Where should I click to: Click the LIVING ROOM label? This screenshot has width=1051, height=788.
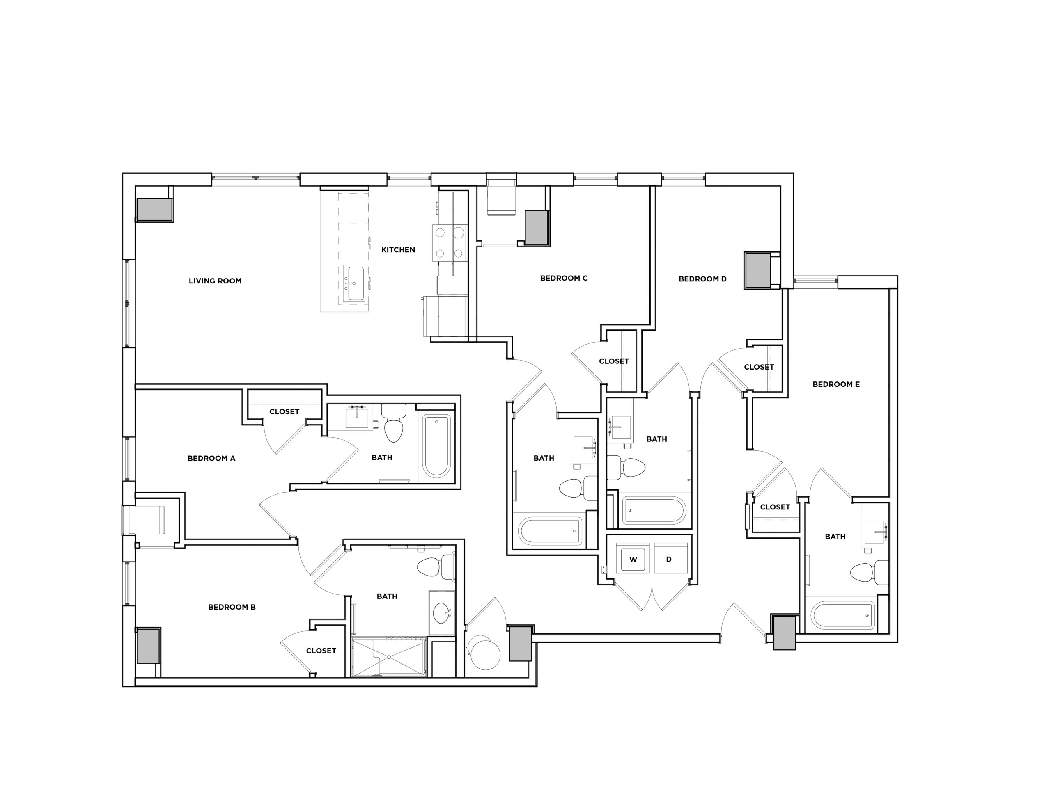tap(215, 281)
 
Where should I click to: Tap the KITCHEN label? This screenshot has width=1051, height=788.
tap(398, 250)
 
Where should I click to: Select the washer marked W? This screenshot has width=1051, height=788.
tap(633, 559)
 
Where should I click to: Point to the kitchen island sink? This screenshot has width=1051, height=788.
tap(356, 283)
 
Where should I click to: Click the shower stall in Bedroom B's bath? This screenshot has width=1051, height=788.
tap(389, 657)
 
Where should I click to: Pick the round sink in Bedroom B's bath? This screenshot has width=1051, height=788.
tap(442, 613)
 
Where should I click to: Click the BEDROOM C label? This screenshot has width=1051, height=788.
tap(564, 278)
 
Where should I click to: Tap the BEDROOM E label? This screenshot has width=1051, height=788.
tap(836, 384)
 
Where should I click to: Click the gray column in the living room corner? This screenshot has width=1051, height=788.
tap(154, 209)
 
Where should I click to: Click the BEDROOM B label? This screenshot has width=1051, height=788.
tap(232, 607)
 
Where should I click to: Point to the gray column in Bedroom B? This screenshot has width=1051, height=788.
tap(148, 646)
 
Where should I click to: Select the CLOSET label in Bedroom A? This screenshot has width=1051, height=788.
tap(284, 411)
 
